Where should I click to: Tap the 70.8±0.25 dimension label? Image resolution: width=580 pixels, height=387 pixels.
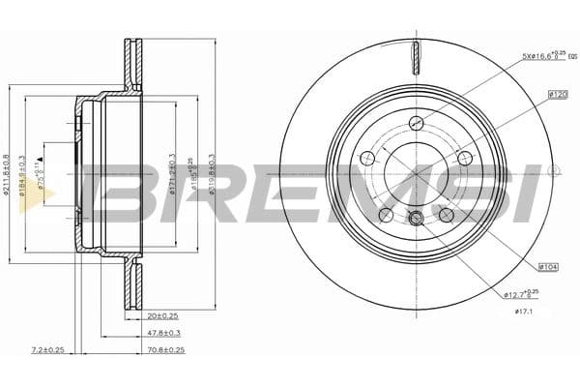click(165, 349)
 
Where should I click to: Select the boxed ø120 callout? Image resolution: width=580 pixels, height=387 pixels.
click(557, 94)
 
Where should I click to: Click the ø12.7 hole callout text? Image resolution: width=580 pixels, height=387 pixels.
click(523, 294)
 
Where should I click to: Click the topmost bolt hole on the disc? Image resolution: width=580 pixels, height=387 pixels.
click(417, 122)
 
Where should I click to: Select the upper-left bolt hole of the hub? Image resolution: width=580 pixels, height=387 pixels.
click(367, 158)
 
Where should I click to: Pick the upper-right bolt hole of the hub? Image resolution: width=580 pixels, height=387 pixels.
click(466, 158)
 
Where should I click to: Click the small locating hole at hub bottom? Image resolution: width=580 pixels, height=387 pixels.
click(417, 217)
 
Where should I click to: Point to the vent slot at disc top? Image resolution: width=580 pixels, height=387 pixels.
click(417, 58)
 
